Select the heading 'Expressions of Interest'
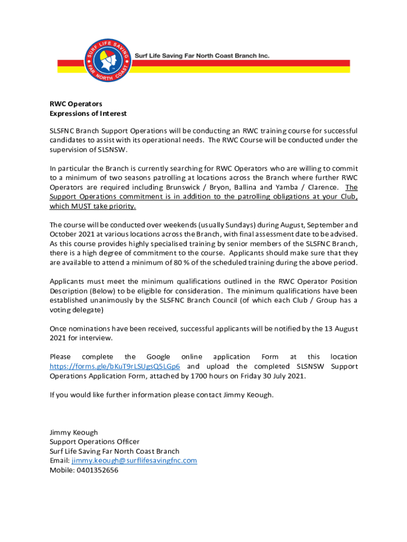coord(88,114)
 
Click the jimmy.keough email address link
coord(134,460)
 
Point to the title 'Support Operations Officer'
coord(95,441)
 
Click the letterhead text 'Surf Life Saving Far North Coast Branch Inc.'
coord(202,55)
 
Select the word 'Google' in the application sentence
coord(158,357)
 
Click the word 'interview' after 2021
coord(97,338)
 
